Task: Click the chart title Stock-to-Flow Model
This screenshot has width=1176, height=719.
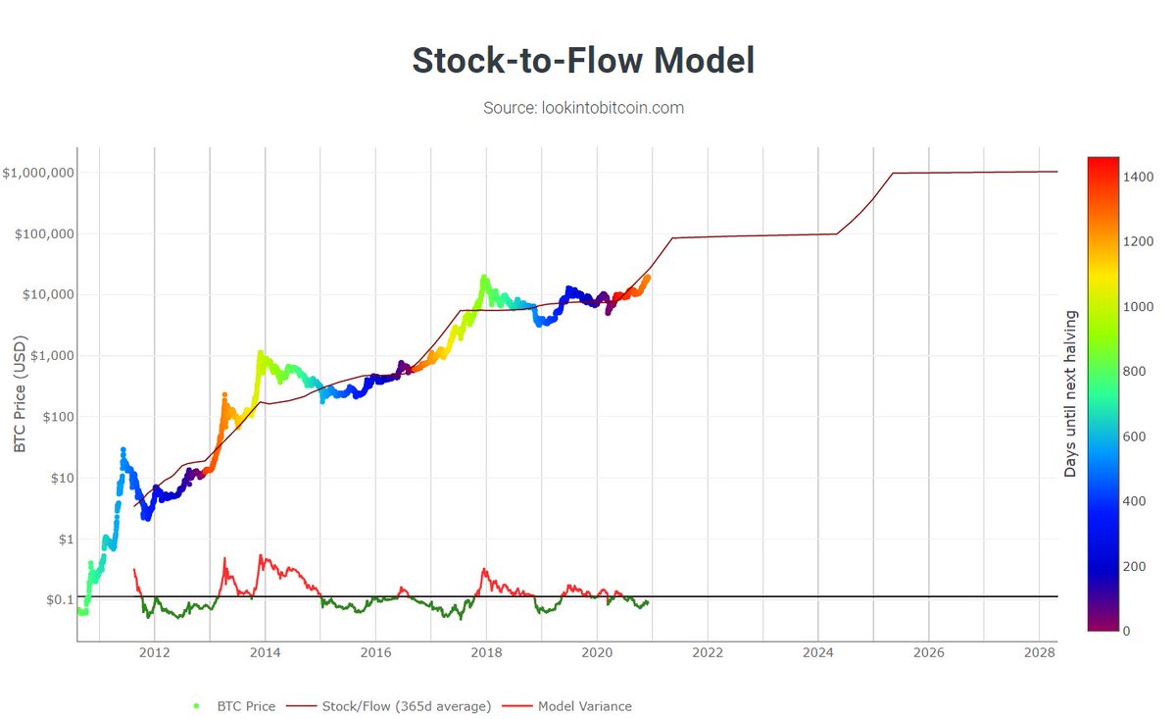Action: (x=583, y=61)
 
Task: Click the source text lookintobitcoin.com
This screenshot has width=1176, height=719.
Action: (x=583, y=108)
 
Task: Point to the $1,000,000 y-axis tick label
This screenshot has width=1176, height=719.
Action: (x=39, y=173)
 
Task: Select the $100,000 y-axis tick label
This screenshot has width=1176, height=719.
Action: (x=43, y=233)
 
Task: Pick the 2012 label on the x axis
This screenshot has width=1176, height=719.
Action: (x=154, y=651)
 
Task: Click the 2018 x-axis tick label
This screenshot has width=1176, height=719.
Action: (x=486, y=651)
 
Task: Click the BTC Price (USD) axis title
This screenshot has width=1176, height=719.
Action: (x=21, y=393)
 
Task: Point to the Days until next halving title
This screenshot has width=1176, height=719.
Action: (x=1070, y=393)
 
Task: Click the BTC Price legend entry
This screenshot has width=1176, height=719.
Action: (x=240, y=706)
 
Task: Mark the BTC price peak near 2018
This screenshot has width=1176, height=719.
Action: (x=483, y=278)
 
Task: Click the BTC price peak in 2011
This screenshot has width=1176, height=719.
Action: (x=122, y=449)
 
